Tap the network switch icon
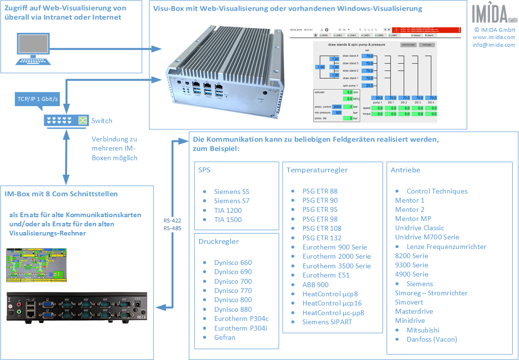[x=65, y=120]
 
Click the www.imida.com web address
[x=493, y=37]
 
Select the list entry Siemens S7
[x=232, y=201]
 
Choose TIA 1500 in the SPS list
[x=228, y=220]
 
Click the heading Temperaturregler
[x=317, y=170]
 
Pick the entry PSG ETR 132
[x=322, y=238]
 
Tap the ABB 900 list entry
[x=315, y=285]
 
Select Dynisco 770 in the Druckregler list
[x=233, y=291]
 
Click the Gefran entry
[x=225, y=337]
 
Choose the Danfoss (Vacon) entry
[x=432, y=339]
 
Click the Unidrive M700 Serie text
[x=427, y=237]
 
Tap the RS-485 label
[x=172, y=228]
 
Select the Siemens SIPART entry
[x=327, y=322]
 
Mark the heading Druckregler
[x=219, y=241]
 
